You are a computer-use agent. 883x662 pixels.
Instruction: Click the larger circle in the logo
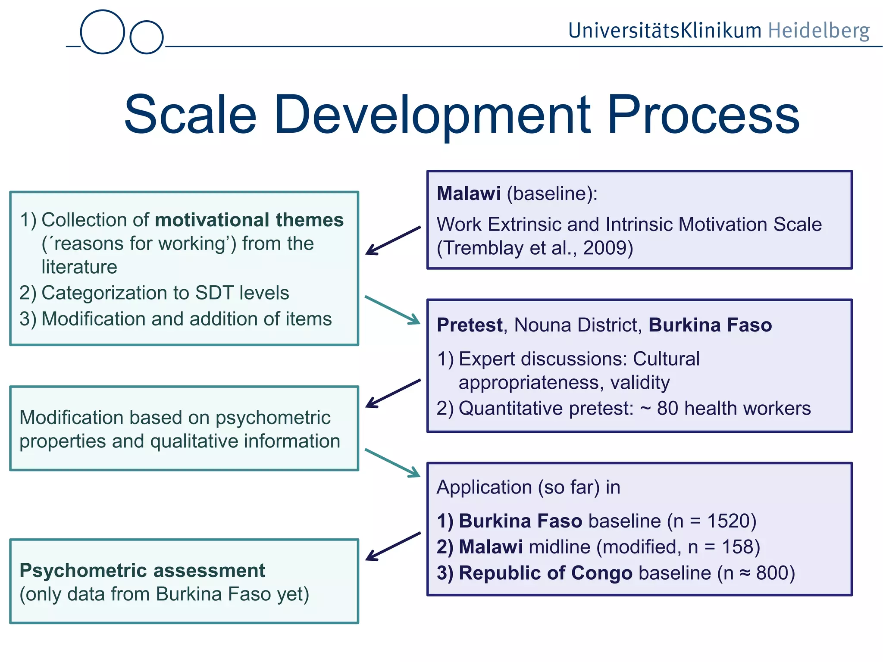103,32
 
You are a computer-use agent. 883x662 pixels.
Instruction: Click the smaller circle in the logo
147,37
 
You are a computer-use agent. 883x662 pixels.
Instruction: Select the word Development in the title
432,115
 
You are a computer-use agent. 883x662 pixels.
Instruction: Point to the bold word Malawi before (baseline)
469,194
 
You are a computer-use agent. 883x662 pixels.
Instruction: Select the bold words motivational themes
249,220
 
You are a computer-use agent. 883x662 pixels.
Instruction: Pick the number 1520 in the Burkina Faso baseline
729,521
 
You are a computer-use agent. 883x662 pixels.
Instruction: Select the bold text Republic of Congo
545,573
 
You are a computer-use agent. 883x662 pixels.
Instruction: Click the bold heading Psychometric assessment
142,571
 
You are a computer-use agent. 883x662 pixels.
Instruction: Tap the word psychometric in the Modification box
273,418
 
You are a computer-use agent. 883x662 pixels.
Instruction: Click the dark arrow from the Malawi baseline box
393,240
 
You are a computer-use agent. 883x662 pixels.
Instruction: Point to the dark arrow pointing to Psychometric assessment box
393,546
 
